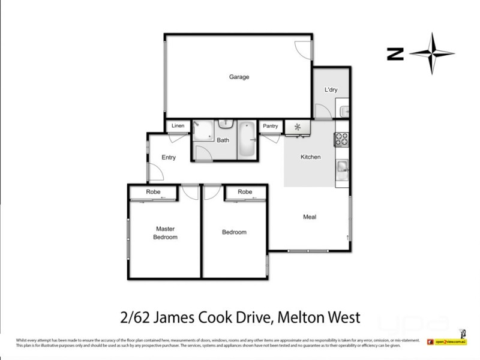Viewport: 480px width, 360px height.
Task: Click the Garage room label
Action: tap(239, 77)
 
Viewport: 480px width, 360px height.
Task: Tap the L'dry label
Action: tap(331, 90)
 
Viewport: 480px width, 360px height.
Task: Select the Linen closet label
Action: tap(178, 126)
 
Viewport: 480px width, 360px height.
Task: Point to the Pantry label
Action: tap(270, 126)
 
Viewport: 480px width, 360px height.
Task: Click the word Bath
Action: tap(223, 140)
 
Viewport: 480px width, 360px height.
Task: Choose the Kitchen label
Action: tap(310, 157)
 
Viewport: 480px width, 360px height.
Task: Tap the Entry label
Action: tap(169, 158)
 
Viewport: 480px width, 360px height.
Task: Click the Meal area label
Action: tap(310, 217)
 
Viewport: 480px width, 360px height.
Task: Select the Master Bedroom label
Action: tap(165, 233)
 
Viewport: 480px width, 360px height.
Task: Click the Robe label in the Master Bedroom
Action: tap(152, 192)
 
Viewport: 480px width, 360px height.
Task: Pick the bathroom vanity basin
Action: tap(225, 124)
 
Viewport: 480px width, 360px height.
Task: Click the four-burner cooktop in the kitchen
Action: tap(341, 139)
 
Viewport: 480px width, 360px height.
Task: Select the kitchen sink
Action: tap(341, 167)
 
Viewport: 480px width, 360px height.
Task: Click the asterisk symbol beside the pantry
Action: tap(296, 127)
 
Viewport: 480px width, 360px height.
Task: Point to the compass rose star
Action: tap(432, 54)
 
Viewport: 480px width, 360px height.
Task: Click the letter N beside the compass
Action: tap(395, 54)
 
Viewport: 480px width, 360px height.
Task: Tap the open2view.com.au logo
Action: tap(446, 342)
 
